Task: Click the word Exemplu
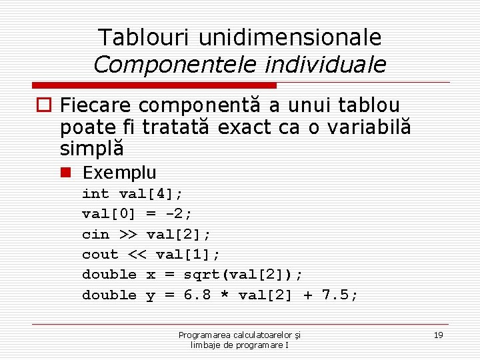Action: click(x=119, y=173)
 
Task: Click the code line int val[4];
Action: click(x=133, y=194)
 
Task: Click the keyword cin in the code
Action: click(x=95, y=234)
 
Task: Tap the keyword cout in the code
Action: click(x=100, y=254)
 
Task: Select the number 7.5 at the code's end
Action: click(x=339, y=295)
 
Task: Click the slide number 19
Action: click(x=438, y=335)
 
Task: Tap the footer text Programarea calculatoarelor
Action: click(x=239, y=335)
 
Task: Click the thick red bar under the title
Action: click(x=155, y=85)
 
